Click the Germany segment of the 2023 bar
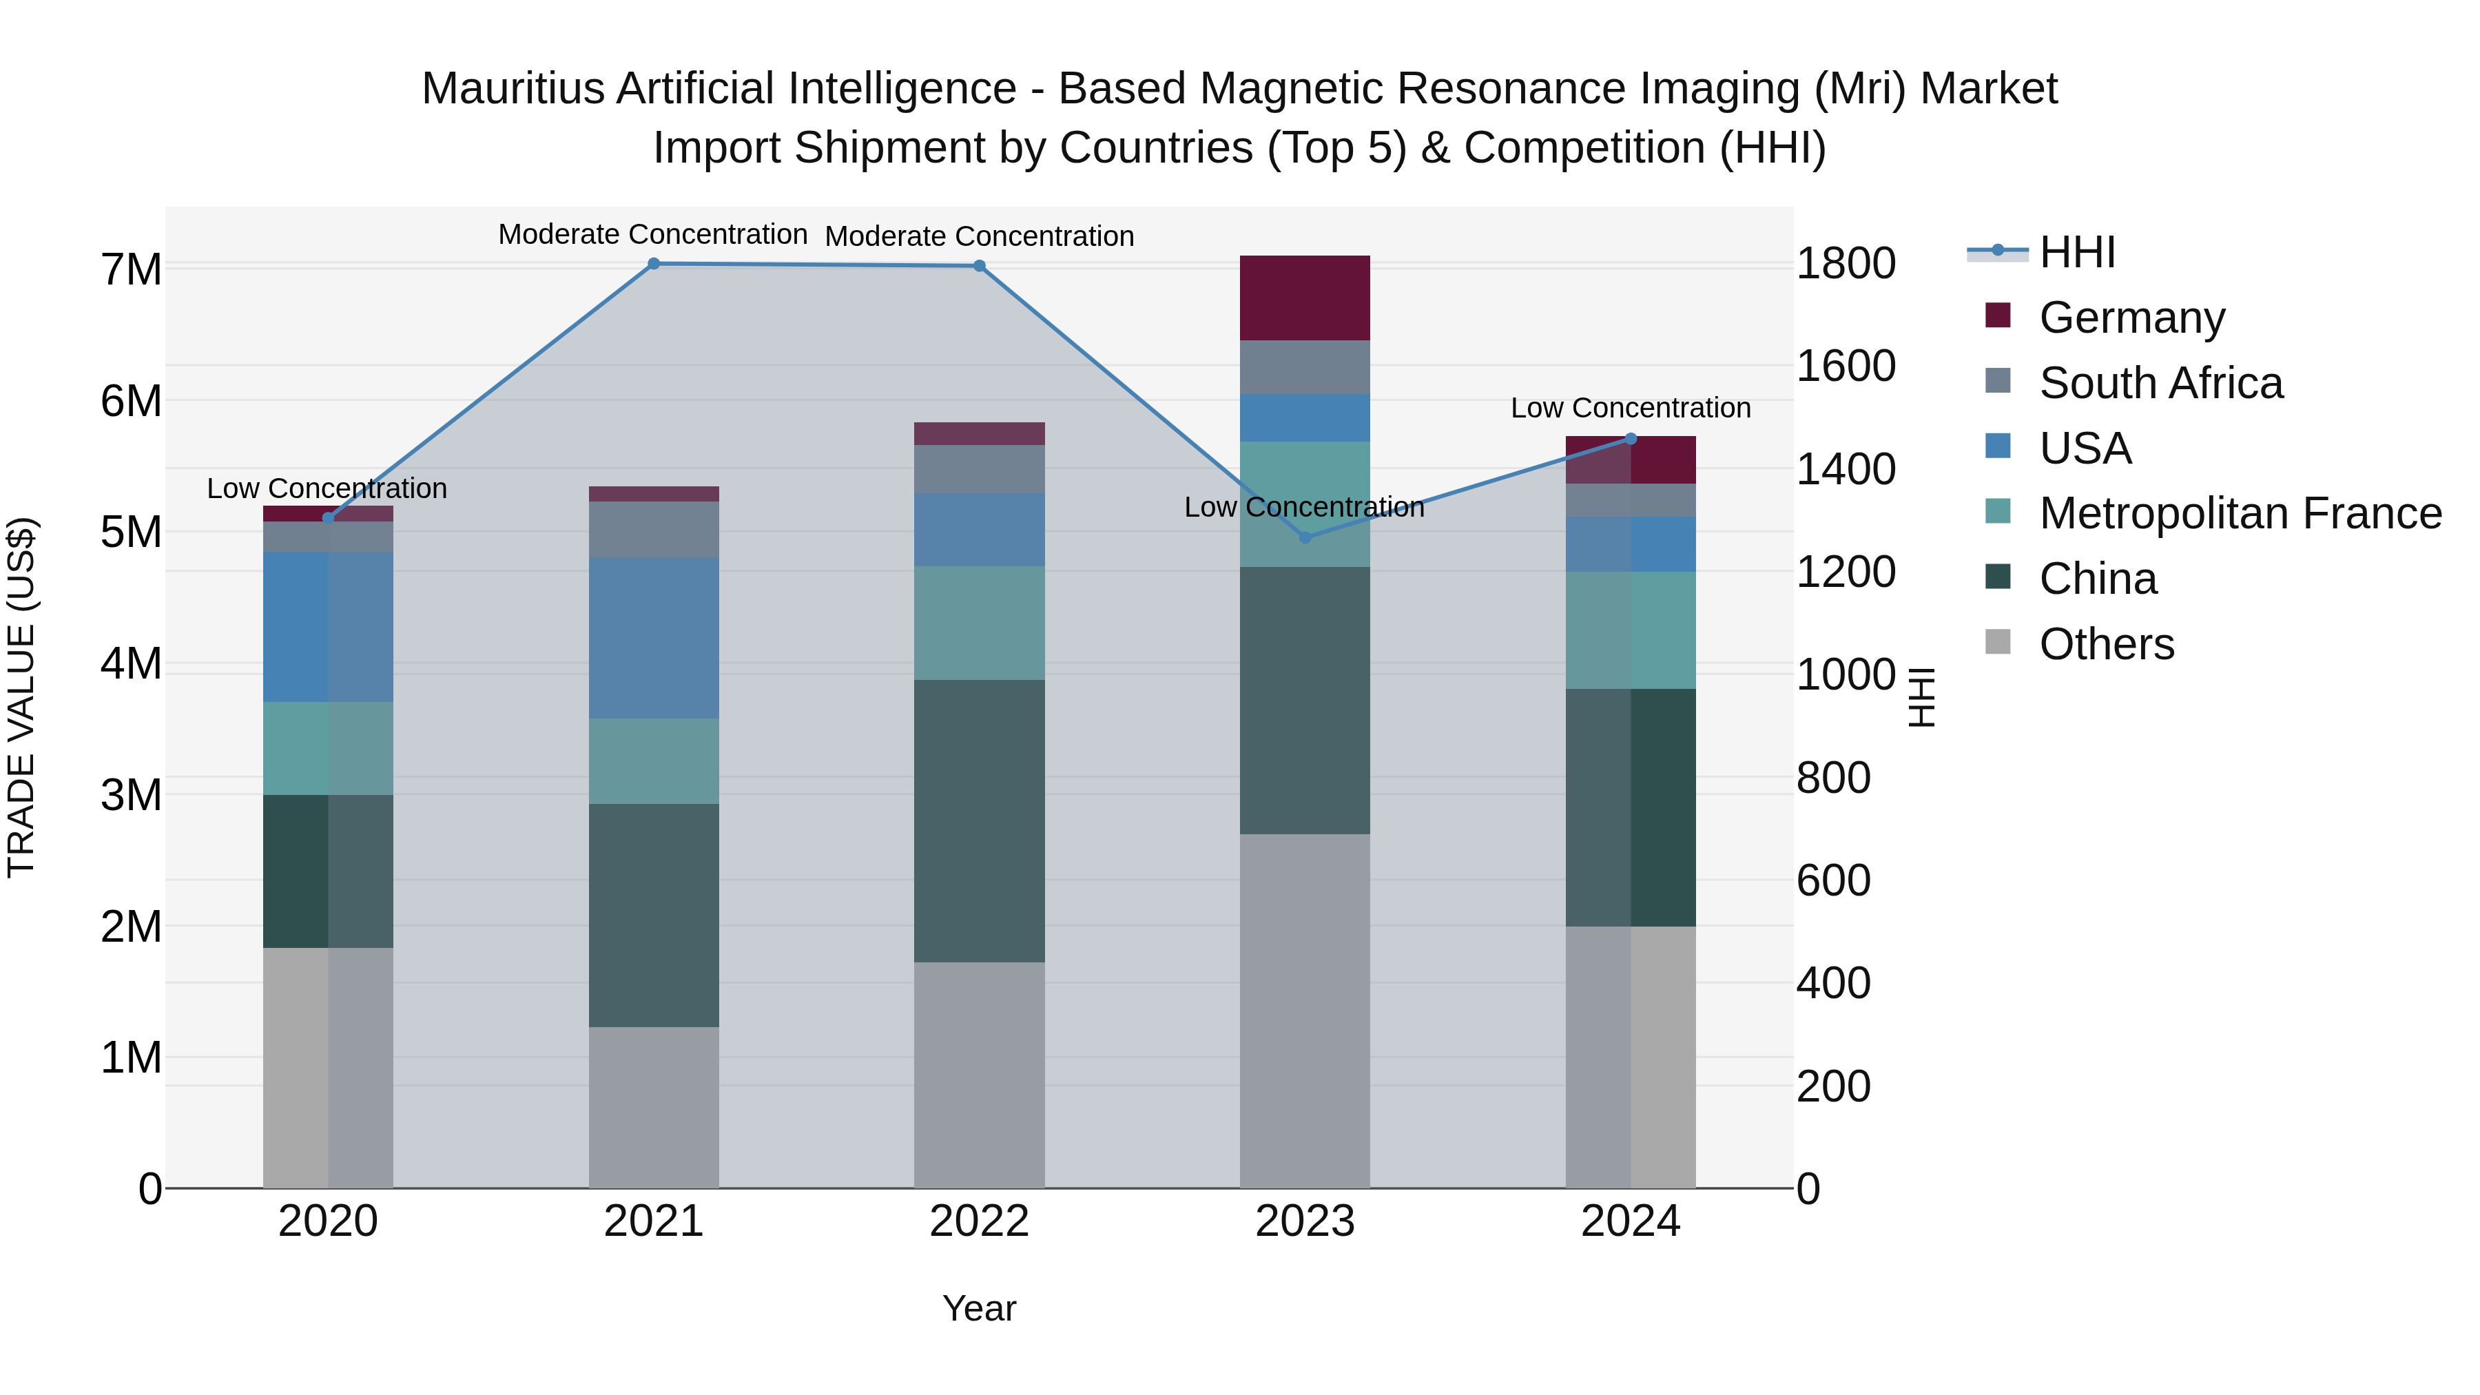1305,298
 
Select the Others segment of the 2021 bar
654,1107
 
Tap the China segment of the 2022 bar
979,821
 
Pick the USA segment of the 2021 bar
654,637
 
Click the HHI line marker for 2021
654,264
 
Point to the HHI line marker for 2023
1305,537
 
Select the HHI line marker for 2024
1631,439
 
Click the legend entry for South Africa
2160,383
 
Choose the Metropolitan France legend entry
2240,513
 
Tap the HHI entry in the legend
2076,252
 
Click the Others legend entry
2107,644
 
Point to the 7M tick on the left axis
131,269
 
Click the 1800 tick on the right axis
1846,264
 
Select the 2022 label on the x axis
979,1221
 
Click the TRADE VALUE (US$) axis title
21,697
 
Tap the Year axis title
979,1308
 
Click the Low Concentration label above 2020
327,488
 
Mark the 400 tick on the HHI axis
1833,983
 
